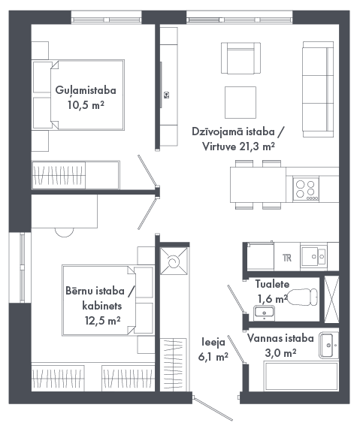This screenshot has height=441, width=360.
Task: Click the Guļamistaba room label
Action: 86,90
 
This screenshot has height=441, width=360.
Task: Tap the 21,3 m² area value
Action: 257,146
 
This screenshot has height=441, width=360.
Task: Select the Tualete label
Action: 272,284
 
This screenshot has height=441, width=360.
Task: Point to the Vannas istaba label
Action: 280,338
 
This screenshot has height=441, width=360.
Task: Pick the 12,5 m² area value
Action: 103,320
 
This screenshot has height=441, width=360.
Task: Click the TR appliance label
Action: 287,258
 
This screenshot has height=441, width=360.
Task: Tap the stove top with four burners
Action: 306,189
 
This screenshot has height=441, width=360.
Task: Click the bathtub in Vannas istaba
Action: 301,376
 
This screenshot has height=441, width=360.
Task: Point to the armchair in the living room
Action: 241,58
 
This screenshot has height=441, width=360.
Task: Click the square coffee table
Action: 241,102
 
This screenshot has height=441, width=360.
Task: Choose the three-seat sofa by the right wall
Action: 318,89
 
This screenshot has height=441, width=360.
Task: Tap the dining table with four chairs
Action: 258,185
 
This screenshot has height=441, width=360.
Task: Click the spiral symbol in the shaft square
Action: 174,261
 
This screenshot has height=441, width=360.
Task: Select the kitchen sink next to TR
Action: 314,256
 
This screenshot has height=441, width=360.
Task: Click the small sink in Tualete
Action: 264,313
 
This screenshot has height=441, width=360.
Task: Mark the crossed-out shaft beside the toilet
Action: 331,300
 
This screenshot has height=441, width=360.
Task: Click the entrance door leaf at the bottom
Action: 213,409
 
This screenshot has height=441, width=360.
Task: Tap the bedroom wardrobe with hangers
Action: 59,175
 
